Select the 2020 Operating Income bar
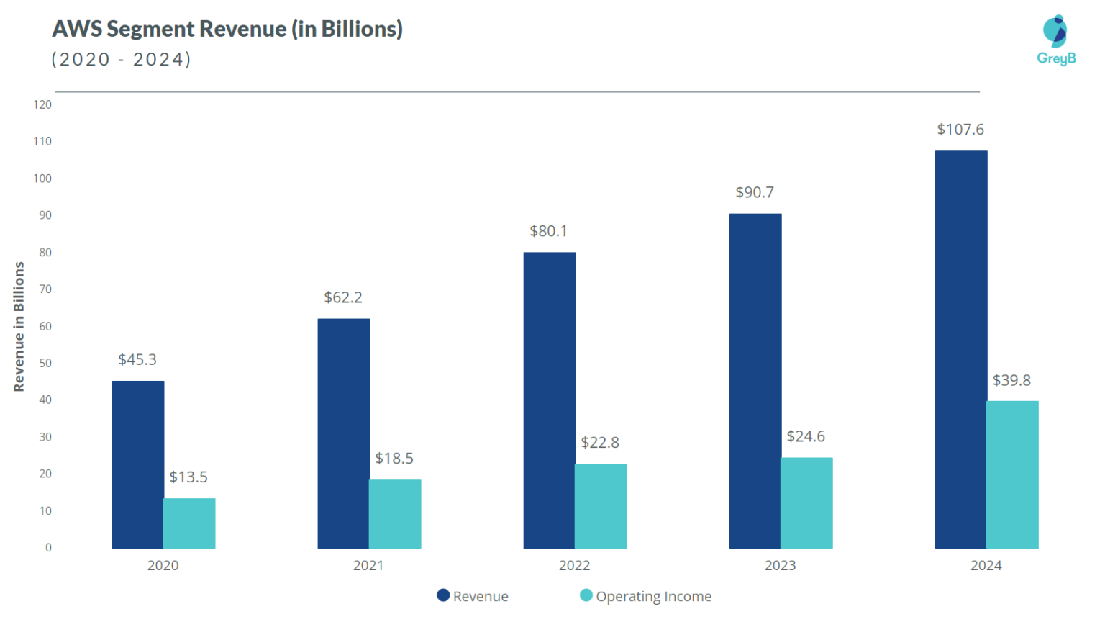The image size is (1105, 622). point(189,523)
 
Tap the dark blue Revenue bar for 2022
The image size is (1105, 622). point(549,400)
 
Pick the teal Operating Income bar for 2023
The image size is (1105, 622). point(806,502)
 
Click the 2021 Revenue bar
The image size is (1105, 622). point(343,433)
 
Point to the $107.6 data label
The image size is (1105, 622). point(960,130)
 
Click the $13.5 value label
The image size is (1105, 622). point(188,477)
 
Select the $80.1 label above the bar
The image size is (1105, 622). point(548,231)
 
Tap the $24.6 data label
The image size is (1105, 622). point(806,436)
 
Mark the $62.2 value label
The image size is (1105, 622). point(343,297)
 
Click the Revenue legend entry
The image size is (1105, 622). point(473,596)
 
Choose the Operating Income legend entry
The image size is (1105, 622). point(645,596)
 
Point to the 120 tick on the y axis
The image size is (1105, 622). point(42,104)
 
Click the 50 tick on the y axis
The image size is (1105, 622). point(45,363)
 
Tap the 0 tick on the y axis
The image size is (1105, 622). point(48,548)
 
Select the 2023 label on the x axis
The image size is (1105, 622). point(780,566)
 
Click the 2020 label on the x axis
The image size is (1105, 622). point(163,566)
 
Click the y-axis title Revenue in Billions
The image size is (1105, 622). point(19,327)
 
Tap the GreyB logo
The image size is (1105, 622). point(1055,40)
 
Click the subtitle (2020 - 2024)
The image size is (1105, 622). point(122,59)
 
